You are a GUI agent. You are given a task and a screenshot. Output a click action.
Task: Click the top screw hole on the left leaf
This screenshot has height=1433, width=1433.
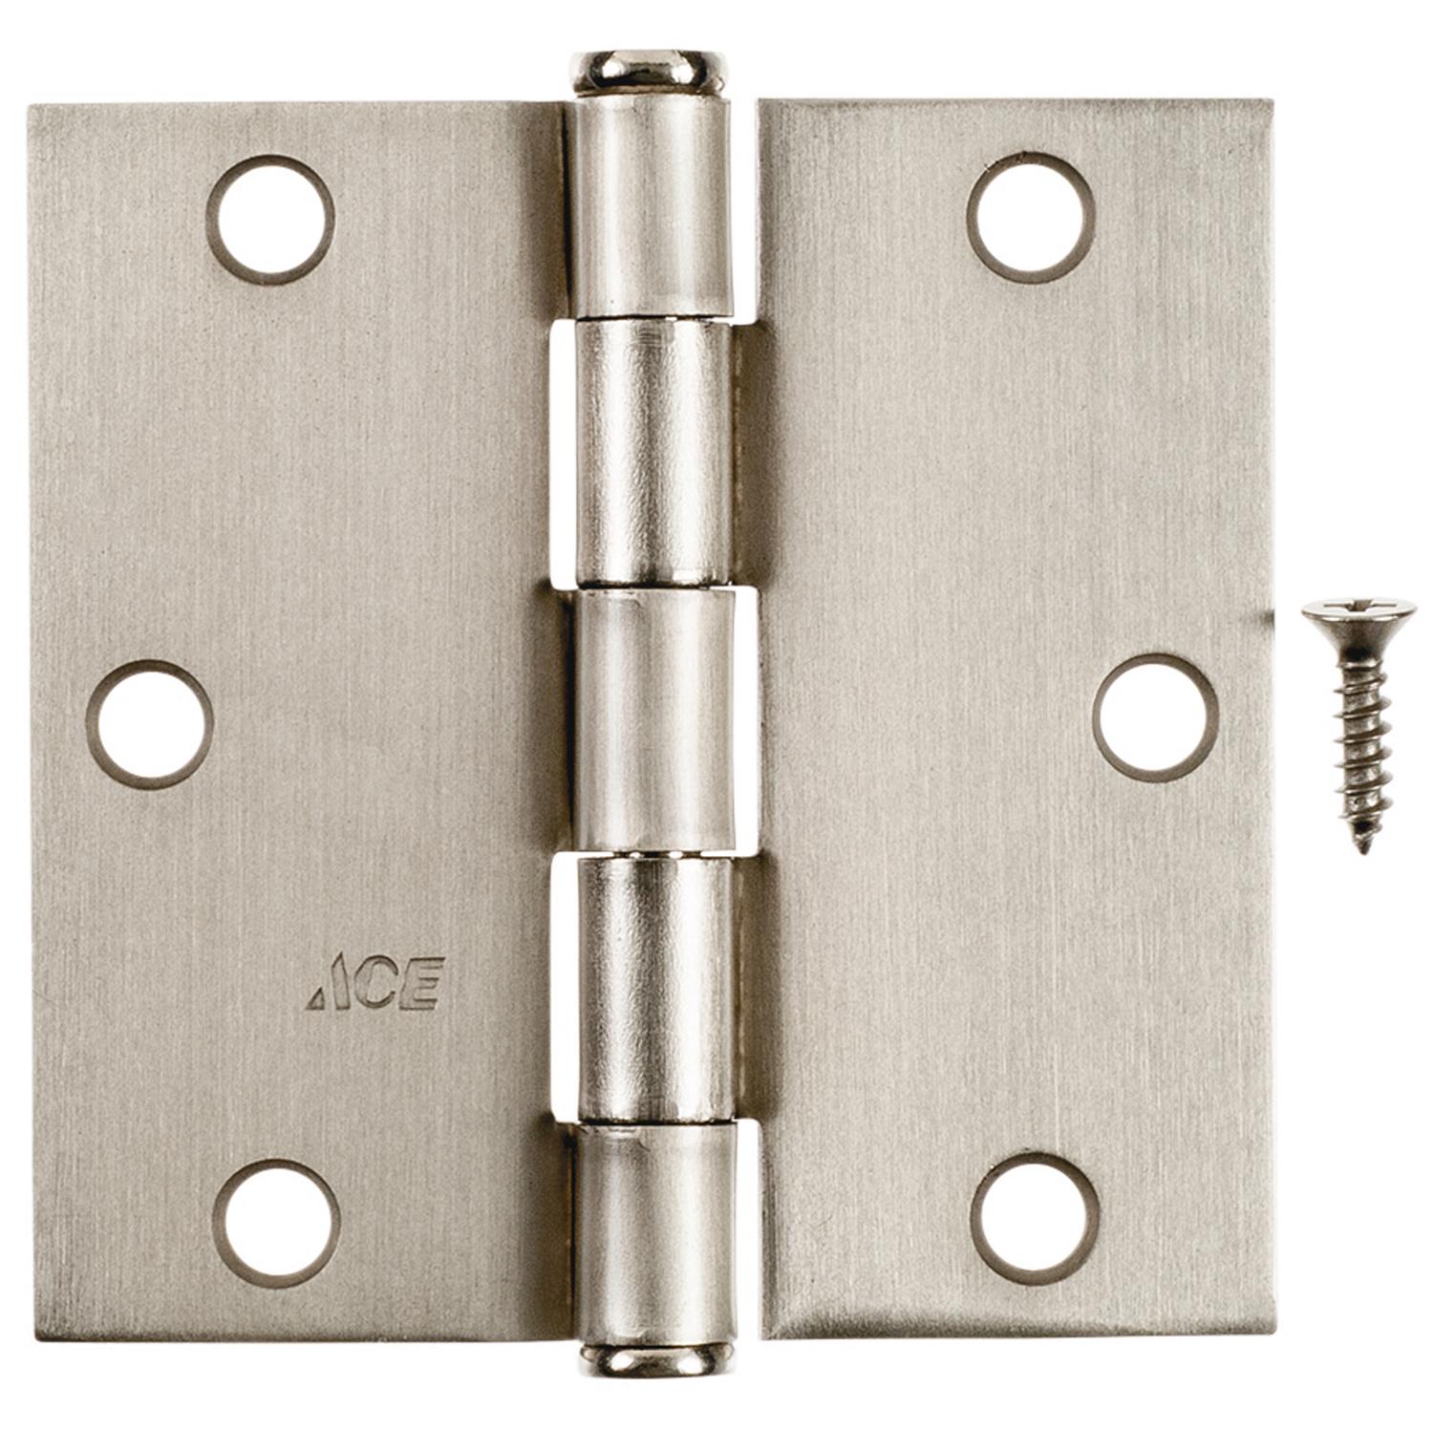270,220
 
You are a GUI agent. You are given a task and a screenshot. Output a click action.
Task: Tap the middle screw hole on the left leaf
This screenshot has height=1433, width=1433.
149,723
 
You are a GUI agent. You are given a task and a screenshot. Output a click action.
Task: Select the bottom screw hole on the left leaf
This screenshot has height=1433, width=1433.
276,1223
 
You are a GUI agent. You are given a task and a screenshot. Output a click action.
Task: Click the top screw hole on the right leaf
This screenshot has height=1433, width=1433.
1031,217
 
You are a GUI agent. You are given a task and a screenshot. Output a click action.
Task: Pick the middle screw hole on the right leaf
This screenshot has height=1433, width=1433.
1155,717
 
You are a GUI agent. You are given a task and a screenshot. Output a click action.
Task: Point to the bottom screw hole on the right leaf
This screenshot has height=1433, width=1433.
1035,1218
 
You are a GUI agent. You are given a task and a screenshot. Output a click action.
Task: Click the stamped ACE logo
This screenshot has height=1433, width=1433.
375,983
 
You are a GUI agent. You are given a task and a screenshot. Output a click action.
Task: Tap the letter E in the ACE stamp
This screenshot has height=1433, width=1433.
422,983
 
